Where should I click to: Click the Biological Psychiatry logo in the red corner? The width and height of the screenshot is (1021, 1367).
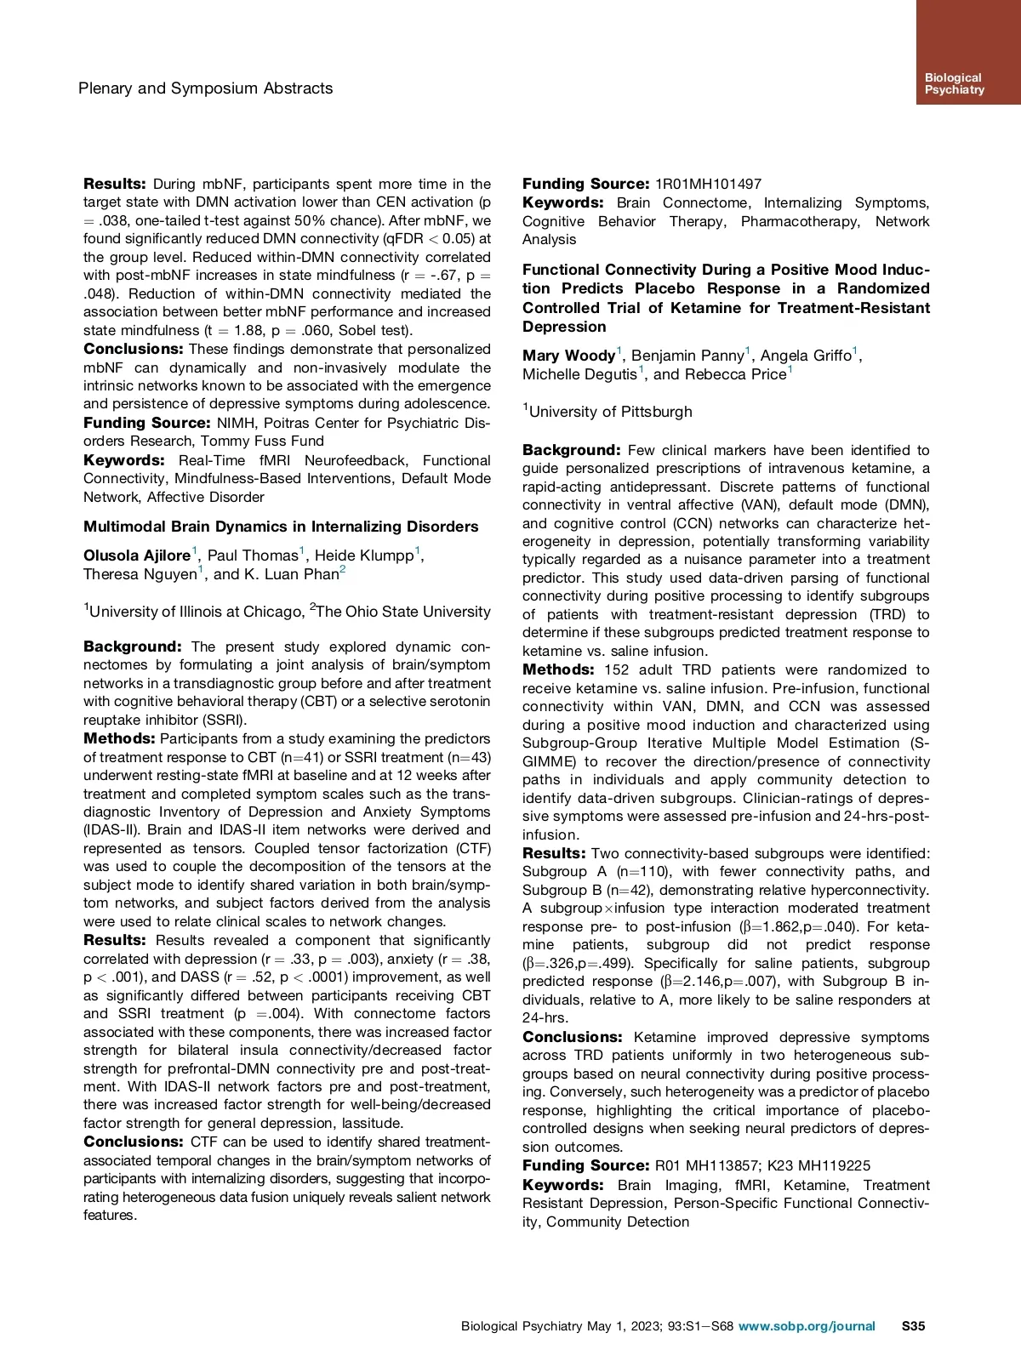pyautogui.click(x=954, y=83)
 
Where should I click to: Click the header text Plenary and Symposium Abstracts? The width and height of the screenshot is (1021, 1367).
pyautogui.click(x=205, y=88)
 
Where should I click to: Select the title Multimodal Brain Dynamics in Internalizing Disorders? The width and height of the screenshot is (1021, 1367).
pyautogui.click(x=281, y=527)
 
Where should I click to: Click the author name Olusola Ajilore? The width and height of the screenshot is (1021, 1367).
pyautogui.click(x=137, y=555)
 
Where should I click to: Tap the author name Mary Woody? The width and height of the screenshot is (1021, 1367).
pyautogui.click(x=568, y=356)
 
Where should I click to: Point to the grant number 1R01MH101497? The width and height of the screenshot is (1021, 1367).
pyautogui.click(x=708, y=184)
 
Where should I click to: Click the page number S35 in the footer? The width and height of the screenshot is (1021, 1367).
pyautogui.click(x=913, y=1325)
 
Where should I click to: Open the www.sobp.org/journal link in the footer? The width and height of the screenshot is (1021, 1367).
pyautogui.click(x=807, y=1325)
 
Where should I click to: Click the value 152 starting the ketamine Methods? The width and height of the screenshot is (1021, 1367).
pyautogui.click(x=617, y=670)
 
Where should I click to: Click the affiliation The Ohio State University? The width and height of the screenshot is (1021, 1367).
pyautogui.click(x=403, y=612)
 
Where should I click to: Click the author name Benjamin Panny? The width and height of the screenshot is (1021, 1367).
pyautogui.click(x=687, y=356)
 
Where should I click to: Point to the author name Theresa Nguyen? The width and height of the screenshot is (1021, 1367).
pyautogui.click(x=140, y=574)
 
